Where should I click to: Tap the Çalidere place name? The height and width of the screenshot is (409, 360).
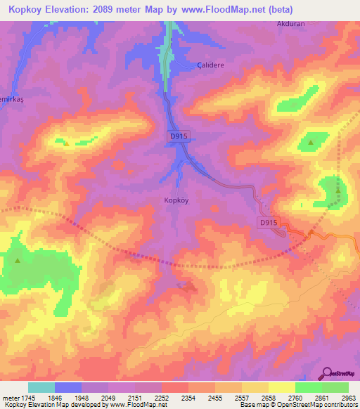208,64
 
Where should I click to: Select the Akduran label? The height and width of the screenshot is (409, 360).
292,22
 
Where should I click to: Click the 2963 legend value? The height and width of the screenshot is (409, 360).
348,398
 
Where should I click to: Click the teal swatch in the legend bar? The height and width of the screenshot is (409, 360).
41,387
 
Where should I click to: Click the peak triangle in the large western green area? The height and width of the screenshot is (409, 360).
16,260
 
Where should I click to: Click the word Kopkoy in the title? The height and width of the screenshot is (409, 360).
20,9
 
